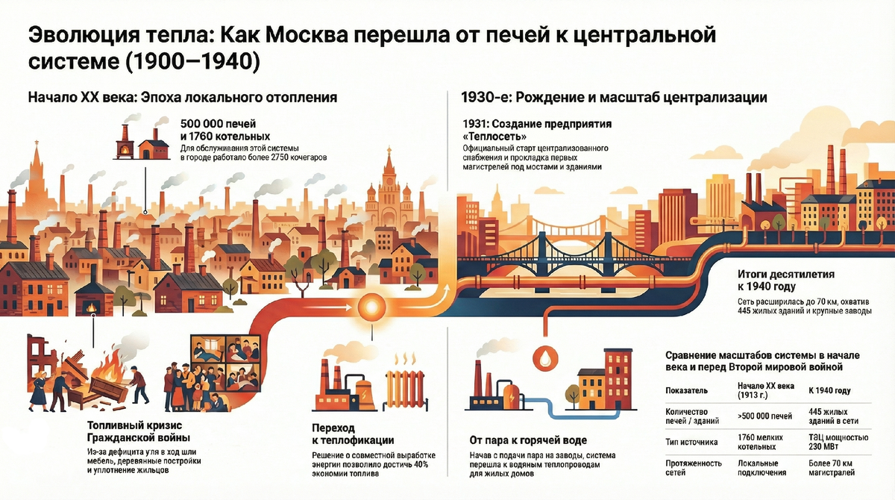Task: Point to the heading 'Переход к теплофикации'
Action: click(351, 434)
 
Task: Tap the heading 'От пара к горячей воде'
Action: click(527, 440)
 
